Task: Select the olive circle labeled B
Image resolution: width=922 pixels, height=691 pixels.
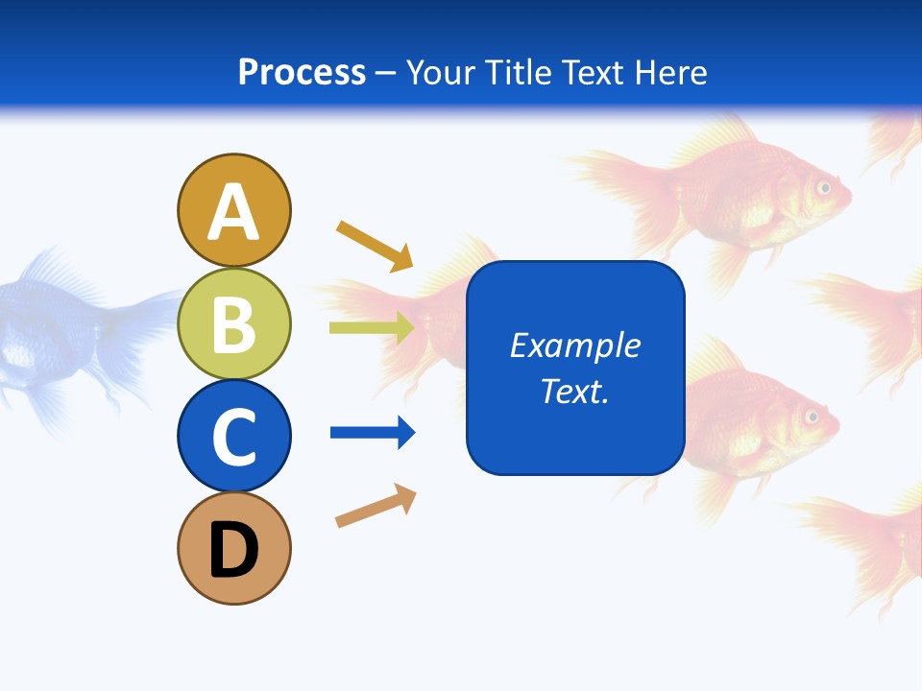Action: tap(234, 323)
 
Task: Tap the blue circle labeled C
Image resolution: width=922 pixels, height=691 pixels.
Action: tap(234, 437)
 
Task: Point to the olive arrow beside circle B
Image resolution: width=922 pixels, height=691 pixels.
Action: tap(372, 328)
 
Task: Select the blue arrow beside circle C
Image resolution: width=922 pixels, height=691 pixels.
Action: tap(373, 433)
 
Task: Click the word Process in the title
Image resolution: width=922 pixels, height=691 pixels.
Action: tap(302, 72)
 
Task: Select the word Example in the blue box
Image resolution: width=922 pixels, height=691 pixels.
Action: tap(575, 345)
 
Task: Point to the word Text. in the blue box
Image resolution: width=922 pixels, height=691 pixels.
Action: tap(575, 391)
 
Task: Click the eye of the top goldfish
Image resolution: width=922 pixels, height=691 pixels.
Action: tap(823, 188)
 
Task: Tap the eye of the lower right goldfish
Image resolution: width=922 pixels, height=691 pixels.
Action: tap(812, 417)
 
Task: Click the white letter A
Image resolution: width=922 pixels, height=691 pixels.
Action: tap(234, 213)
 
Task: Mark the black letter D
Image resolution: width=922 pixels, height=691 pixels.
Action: tap(234, 551)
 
